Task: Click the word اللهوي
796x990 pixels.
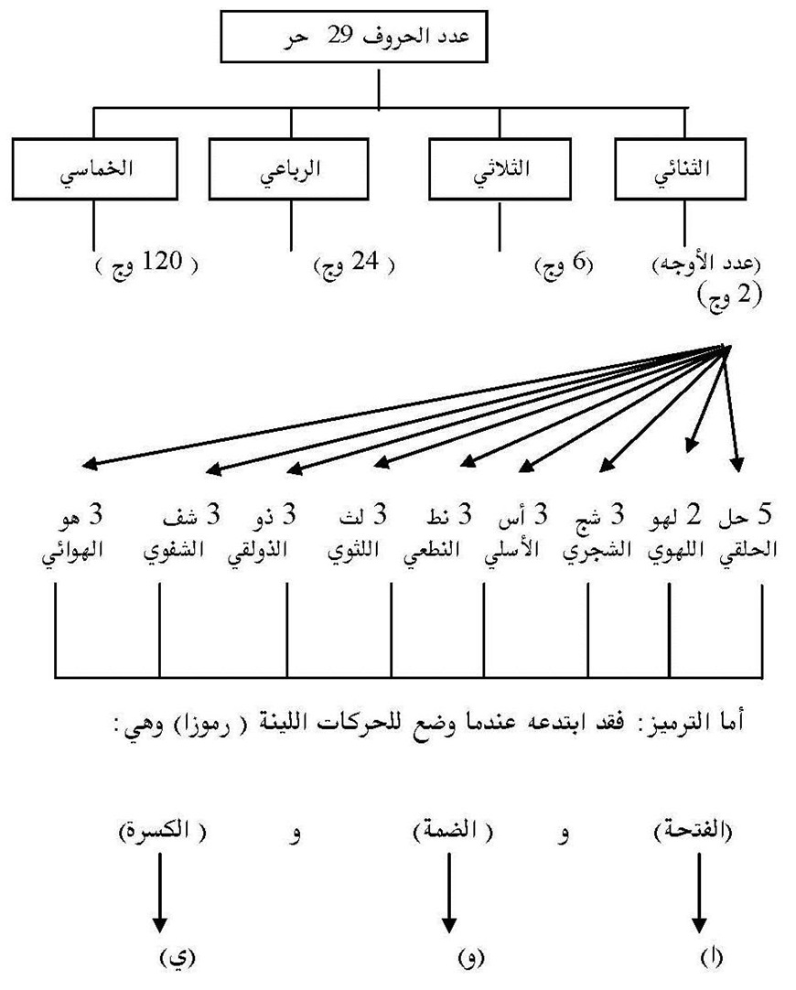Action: [673, 552]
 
